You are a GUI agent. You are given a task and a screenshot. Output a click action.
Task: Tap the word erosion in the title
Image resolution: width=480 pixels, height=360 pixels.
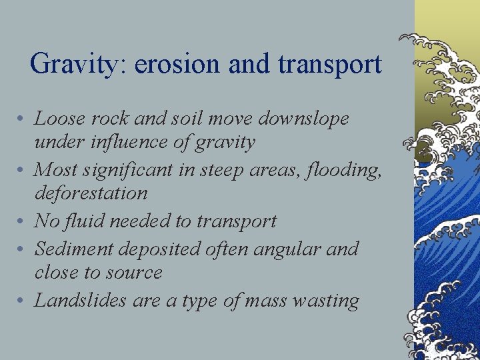pyautogui.click(x=176, y=65)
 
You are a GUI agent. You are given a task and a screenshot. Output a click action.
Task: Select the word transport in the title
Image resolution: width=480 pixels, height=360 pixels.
pyautogui.click(x=330, y=65)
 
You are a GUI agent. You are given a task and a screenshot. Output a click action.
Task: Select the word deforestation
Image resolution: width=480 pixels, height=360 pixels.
pyautogui.click(x=91, y=193)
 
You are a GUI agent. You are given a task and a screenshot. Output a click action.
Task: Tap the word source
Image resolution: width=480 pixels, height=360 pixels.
pyautogui.click(x=136, y=273)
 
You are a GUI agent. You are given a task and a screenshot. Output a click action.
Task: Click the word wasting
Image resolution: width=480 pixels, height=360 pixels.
pyautogui.click(x=326, y=301)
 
